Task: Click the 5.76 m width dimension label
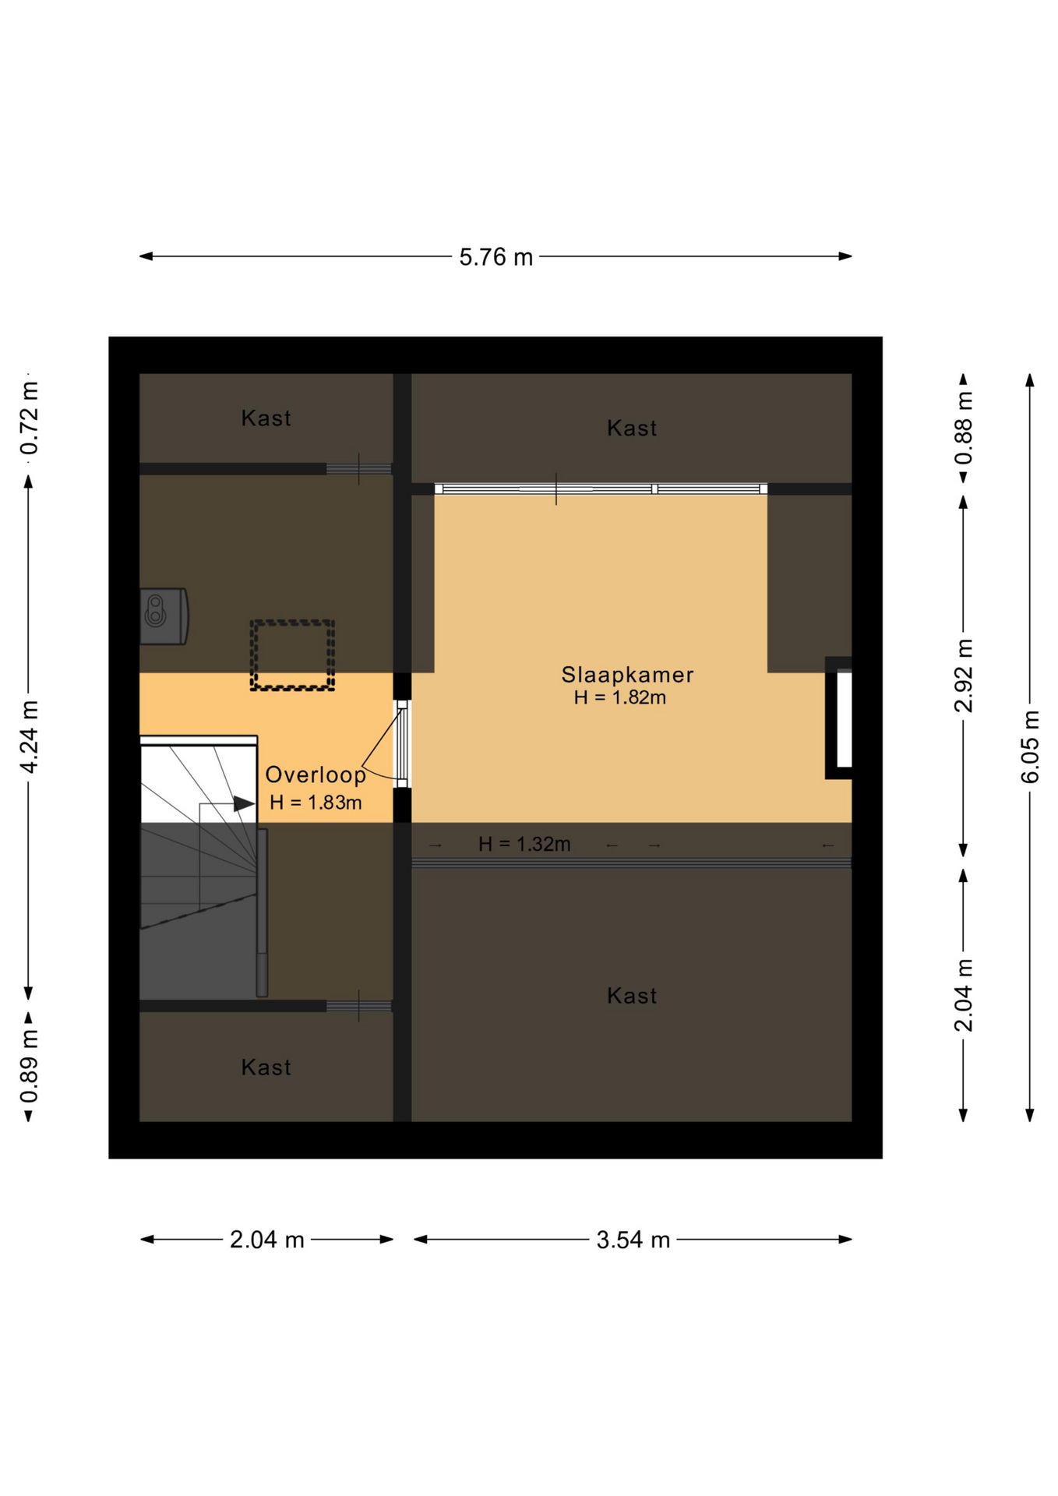(x=495, y=256)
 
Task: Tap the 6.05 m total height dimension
(x=1030, y=747)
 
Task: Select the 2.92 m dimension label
(x=964, y=676)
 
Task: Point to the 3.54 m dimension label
(x=633, y=1239)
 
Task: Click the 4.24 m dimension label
(x=30, y=737)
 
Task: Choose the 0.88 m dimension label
(x=964, y=428)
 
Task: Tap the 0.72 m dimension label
(x=30, y=418)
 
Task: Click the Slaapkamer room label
(x=627, y=675)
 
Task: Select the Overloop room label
(x=316, y=774)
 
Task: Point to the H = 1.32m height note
(x=524, y=844)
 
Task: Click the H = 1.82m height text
(x=620, y=697)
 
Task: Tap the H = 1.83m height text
(x=316, y=803)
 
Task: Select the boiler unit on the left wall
(x=164, y=616)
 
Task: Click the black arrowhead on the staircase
(x=245, y=803)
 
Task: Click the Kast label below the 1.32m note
(x=632, y=996)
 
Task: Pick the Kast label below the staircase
(x=266, y=1067)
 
